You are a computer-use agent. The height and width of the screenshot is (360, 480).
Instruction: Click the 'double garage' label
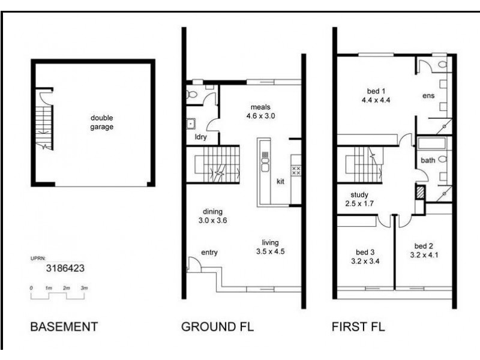(102, 122)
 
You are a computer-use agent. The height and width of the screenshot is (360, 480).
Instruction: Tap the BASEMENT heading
(64, 327)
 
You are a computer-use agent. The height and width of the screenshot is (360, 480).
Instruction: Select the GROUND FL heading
(217, 327)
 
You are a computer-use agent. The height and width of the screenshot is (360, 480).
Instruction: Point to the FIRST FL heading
(358, 327)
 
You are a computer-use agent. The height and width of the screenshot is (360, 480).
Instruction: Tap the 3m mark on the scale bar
(85, 289)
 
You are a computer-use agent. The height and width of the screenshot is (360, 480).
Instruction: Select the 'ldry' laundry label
(193, 137)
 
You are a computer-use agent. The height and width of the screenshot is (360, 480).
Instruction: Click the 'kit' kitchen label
(280, 182)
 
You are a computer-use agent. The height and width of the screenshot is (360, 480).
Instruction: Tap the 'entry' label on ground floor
(209, 252)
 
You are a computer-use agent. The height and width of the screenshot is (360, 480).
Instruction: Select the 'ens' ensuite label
(428, 95)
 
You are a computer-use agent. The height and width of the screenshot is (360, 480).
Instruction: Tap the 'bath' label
(428, 160)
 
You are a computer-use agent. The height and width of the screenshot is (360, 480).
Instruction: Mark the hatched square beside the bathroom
(420, 192)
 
